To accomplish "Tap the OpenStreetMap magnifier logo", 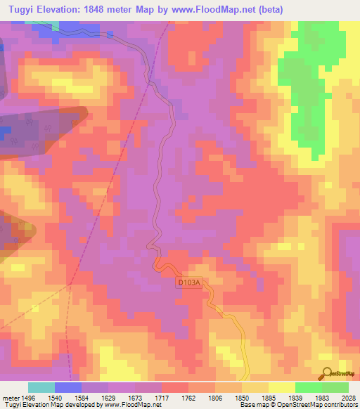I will (x=327, y=373).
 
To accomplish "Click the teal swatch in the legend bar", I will (x=41, y=387).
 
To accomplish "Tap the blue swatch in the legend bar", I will (x=68, y=387).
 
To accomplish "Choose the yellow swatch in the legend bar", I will (x=281, y=387).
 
